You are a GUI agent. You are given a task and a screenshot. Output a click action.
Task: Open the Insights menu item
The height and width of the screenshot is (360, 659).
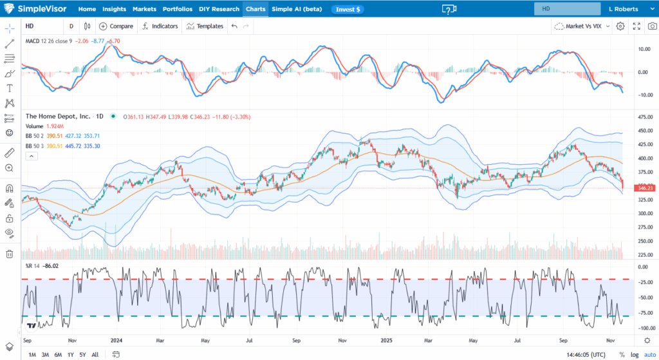click(114, 10)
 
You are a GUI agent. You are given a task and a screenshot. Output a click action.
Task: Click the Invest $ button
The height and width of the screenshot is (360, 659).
click(348, 10)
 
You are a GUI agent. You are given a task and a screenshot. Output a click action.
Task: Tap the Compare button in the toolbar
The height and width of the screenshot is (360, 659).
click(116, 26)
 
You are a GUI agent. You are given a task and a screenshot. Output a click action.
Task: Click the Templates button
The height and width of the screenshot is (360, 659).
click(205, 26)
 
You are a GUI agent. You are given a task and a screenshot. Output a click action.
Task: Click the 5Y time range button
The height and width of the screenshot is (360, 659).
click(82, 355)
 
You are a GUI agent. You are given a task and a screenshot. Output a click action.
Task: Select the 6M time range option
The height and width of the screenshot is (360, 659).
click(58, 355)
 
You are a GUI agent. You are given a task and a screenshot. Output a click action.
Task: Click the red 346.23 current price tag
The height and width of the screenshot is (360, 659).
click(644, 188)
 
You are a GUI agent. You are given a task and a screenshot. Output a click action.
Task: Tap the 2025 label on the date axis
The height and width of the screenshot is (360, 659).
click(386, 340)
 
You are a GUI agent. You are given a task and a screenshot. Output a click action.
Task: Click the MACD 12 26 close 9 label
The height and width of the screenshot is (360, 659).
click(48, 41)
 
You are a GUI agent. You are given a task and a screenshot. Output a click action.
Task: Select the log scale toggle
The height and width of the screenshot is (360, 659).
click(634, 355)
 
